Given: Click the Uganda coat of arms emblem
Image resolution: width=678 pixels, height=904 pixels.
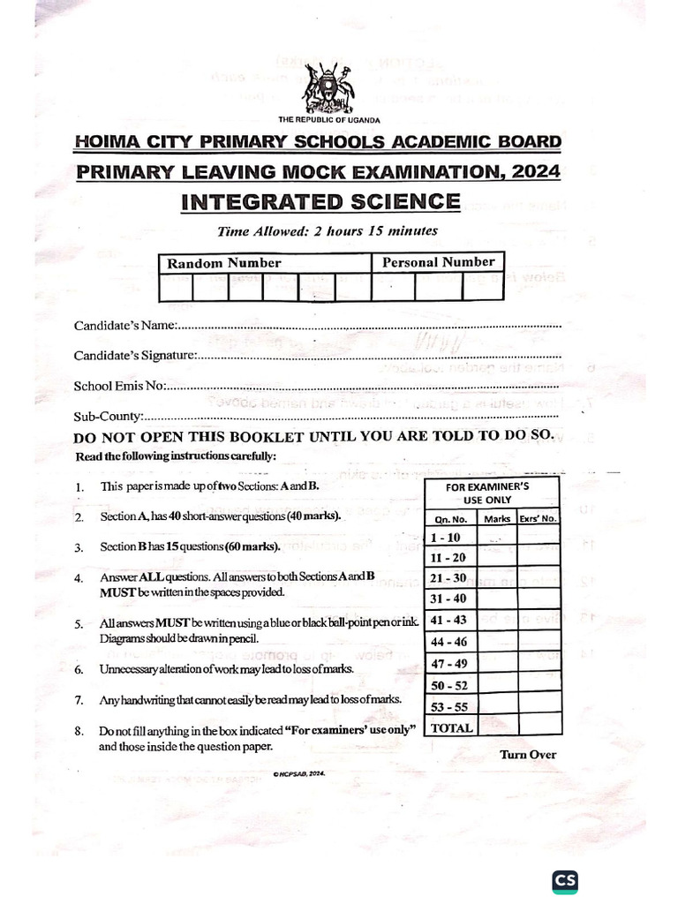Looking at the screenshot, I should (x=328, y=87).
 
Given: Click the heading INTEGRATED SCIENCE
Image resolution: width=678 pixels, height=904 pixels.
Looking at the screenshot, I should (x=320, y=201).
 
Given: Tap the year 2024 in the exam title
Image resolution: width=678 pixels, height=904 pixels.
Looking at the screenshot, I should (x=535, y=171).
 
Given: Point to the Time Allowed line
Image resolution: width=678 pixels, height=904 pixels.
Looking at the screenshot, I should (x=328, y=231).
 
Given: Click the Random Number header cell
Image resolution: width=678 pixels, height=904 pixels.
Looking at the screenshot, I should (x=224, y=263).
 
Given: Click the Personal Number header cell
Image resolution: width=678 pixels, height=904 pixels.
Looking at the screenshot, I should (x=438, y=262).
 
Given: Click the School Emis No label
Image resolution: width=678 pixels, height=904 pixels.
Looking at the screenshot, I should (x=119, y=386).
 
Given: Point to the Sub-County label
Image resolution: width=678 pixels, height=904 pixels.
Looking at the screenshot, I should (x=108, y=416).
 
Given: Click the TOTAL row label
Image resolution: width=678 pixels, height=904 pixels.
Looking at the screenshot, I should (x=451, y=727).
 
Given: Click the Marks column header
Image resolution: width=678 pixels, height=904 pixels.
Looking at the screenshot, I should (x=497, y=518).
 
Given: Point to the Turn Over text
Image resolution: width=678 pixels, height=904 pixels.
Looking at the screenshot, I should (x=528, y=754).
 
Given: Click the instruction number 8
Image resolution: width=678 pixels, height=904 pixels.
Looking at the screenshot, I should (x=79, y=731).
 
